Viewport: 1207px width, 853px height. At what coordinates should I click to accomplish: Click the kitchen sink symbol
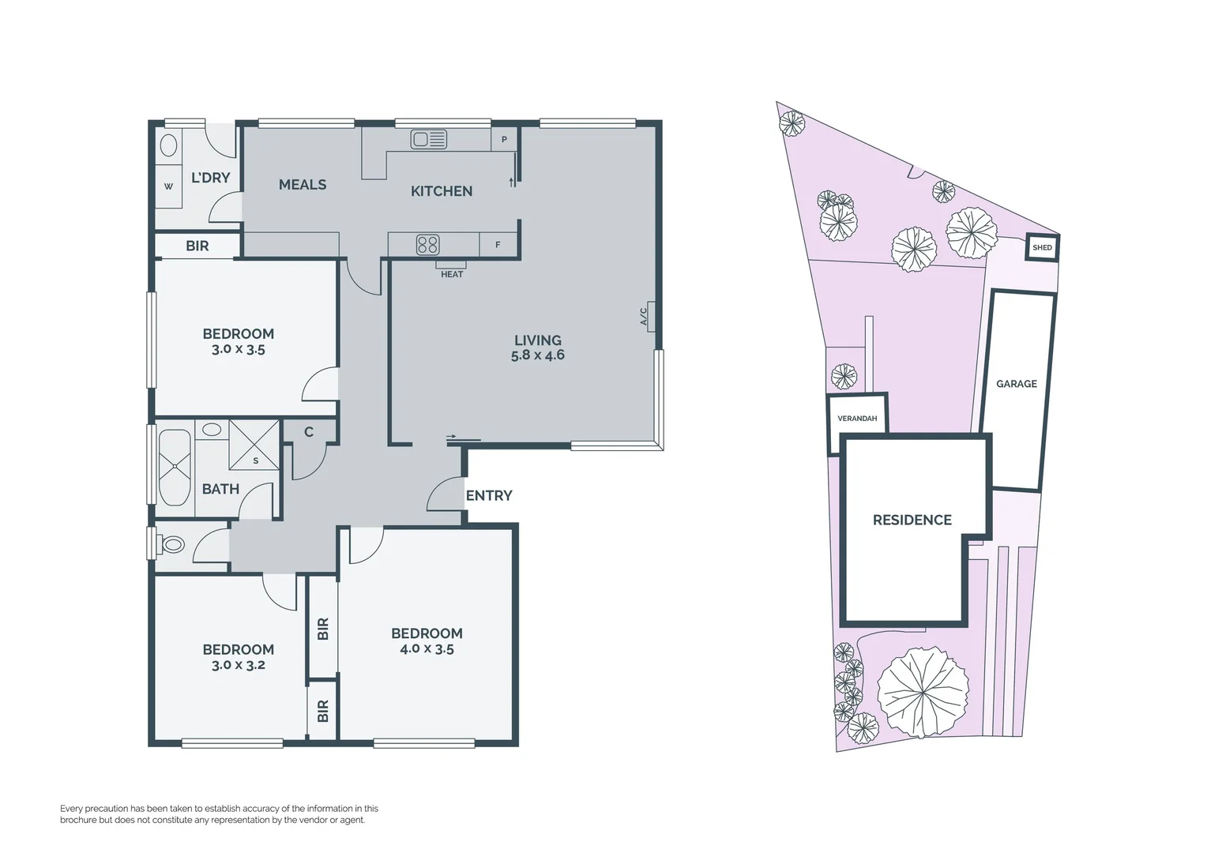[x=429, y=140]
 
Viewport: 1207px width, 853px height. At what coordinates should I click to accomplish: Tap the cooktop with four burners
[x=427, y=245]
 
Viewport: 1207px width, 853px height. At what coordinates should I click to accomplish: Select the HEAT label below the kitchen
[x=452, y=274]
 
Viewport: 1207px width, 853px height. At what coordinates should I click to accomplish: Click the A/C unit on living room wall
[x=650, y=316]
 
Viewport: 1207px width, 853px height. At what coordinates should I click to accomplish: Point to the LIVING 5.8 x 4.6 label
[x=538, y=348]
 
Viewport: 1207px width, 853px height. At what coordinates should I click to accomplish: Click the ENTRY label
[x=489, y=495]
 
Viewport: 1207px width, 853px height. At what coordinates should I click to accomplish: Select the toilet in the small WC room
[x=171, y=544]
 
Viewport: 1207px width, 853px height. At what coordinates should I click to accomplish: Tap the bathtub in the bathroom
[x=175, y=468]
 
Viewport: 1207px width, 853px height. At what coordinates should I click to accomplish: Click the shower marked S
[x=254, y=445]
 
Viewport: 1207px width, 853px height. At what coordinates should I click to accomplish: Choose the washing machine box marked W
[x=168, y=186]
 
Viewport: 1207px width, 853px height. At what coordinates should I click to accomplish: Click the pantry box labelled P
[x=504, y=140]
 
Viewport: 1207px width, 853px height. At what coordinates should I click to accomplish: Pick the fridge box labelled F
[x=498, y=245]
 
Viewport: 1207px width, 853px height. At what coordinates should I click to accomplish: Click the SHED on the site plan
[x=1042, y=247]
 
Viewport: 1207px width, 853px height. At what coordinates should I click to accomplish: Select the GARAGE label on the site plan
[x=1017, y=384]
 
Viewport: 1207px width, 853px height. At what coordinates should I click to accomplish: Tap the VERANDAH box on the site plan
[x=857, y=418]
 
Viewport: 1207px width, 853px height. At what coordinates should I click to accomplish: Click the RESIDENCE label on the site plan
[x=912, y=520]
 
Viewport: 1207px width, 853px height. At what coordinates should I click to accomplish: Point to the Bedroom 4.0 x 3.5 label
[x=427, y=641]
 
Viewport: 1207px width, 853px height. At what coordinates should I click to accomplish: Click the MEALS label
[x=303, y=184]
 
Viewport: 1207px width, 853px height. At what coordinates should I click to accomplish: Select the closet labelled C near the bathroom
[x=309, y=432]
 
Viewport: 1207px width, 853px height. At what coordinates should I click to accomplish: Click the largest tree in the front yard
[x=923, y=692]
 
